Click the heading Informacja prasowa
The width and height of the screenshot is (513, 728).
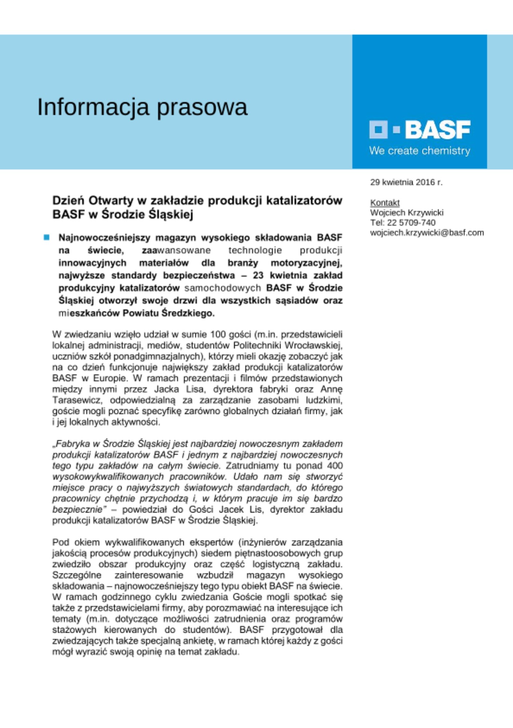[x=142, y=107]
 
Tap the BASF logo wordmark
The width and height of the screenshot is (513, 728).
[x=437, y=130]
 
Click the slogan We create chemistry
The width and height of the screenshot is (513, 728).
[x=419, y=151]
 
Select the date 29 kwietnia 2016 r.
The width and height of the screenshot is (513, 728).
[x=406, y=182]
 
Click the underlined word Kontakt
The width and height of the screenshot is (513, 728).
[x=385, y=203]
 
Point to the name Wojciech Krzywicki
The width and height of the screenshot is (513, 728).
[x=406, y=213]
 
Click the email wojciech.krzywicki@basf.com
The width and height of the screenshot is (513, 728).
[x=427, y=233]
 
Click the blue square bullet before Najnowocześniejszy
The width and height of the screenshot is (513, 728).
[x=47, y=238]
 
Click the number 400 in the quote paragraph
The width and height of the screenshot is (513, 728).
[x=335, y=466]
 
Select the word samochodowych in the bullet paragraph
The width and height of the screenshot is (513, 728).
[x=223, y=288]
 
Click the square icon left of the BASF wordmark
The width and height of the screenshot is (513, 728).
[x=378, y=130]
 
